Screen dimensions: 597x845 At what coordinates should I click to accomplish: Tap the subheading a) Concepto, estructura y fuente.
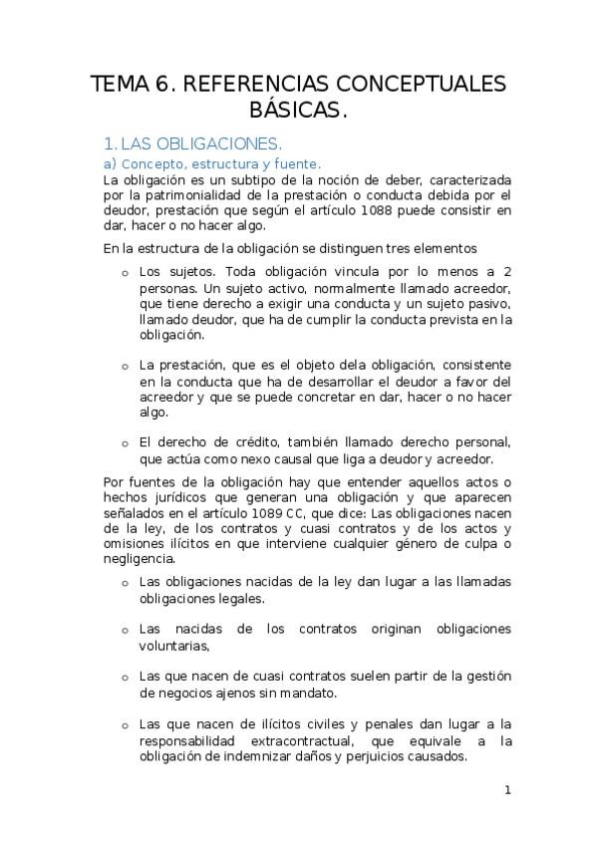coord(211,162)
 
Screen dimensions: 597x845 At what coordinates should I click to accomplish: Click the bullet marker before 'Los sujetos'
coord(125,273)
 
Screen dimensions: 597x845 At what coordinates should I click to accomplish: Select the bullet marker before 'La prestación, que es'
coord(125,367)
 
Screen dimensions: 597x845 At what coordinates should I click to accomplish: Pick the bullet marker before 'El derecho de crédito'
coord(125,444)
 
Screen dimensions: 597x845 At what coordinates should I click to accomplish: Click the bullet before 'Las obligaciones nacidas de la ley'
coord(125,583)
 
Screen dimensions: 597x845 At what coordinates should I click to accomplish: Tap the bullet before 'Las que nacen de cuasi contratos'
coord(125,678)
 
